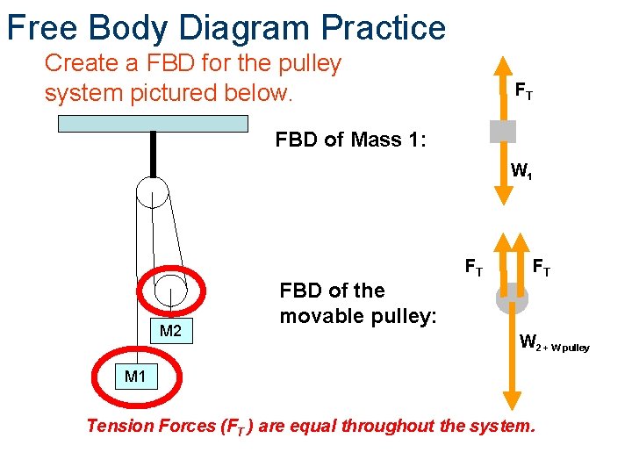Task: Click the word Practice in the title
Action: [384, 28]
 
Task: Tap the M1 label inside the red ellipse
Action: [135, 377]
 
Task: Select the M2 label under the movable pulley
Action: [170, 331]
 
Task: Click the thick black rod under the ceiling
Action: [153, 154]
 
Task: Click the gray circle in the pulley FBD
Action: [512, 299]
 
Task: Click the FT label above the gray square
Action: [523, 90]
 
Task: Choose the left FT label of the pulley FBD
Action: [472, 265]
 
